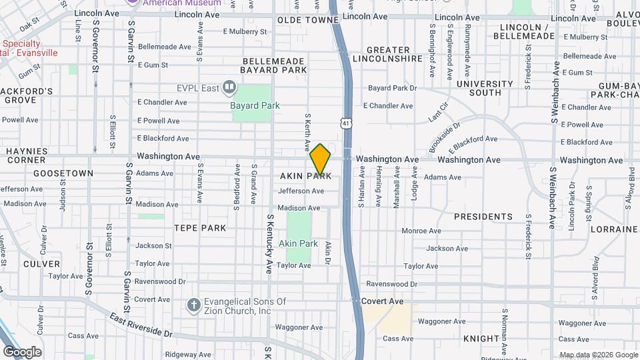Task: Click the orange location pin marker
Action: click(320, 159)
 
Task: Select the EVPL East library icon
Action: click(229, 87)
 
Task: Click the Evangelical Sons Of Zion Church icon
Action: click(193, 305)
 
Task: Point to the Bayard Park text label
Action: click(255, 105)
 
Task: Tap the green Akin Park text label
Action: click(298, 243)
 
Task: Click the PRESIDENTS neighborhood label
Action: click(483, 217)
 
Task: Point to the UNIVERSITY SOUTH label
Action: click(485, 88)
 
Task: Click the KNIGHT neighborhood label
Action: click(481, 339)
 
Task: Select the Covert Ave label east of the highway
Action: click(383, 301)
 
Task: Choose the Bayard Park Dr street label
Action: click(392, 88)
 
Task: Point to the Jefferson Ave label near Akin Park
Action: click(301, 191)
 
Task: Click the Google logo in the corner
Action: click(22, 351)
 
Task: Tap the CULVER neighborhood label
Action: click(41, 264)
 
